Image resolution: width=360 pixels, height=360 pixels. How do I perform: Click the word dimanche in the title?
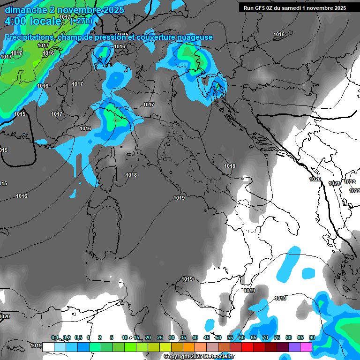click(x=26, y=10)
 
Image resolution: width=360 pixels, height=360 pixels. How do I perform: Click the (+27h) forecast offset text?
click(x=81, y=21)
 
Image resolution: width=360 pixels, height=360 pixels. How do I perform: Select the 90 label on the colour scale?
click(x=312, y=337)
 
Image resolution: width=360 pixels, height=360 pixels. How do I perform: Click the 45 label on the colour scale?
click(x=207, y=337)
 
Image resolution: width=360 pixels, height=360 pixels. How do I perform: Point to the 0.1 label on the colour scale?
click(x=55, y=337)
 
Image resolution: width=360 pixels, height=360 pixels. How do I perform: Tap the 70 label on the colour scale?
click(x=265, y=337)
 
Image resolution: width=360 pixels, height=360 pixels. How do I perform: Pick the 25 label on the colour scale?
click(x=160, y=337)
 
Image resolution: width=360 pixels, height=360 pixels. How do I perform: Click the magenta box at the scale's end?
click(x=306, y=347)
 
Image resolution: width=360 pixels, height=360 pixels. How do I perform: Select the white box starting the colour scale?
click(x=48, y=347)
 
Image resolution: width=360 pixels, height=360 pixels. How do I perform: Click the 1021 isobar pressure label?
click(x=334, y=184)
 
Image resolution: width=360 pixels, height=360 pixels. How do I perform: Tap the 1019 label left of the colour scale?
click(x=36, y=345)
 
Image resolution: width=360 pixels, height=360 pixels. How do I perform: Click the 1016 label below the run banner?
click(x=279, y=34)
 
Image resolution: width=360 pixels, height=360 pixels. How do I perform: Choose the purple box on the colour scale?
click(x=294, y=347)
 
